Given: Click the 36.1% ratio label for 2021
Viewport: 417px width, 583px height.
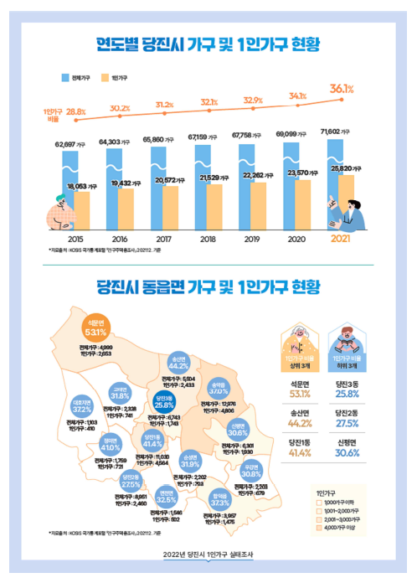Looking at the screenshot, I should pyautogui.click(x=341, y=88).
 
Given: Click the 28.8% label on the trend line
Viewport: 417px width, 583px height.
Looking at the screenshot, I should pyautogui.click(x=76, y=111).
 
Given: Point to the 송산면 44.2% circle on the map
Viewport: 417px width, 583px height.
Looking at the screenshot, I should pyautogui.click(x=178, y=362).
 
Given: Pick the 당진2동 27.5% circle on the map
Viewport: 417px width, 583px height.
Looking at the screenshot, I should pyautogui.click(x=131, y=481).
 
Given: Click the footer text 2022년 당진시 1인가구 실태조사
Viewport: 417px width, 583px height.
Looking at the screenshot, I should pyautogui.click(x=208, y=555).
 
